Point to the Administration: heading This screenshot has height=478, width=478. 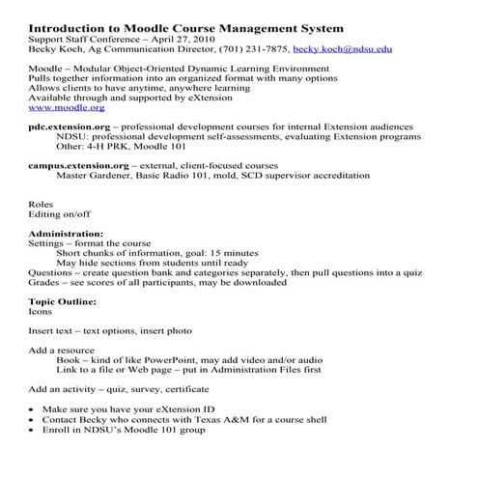coord(67,234)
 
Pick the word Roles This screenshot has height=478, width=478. coord(42,204)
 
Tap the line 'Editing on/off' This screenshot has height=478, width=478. coord(60,214)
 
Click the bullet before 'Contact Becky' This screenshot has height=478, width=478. coord(33,420)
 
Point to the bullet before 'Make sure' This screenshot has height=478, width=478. coord(33,409)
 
